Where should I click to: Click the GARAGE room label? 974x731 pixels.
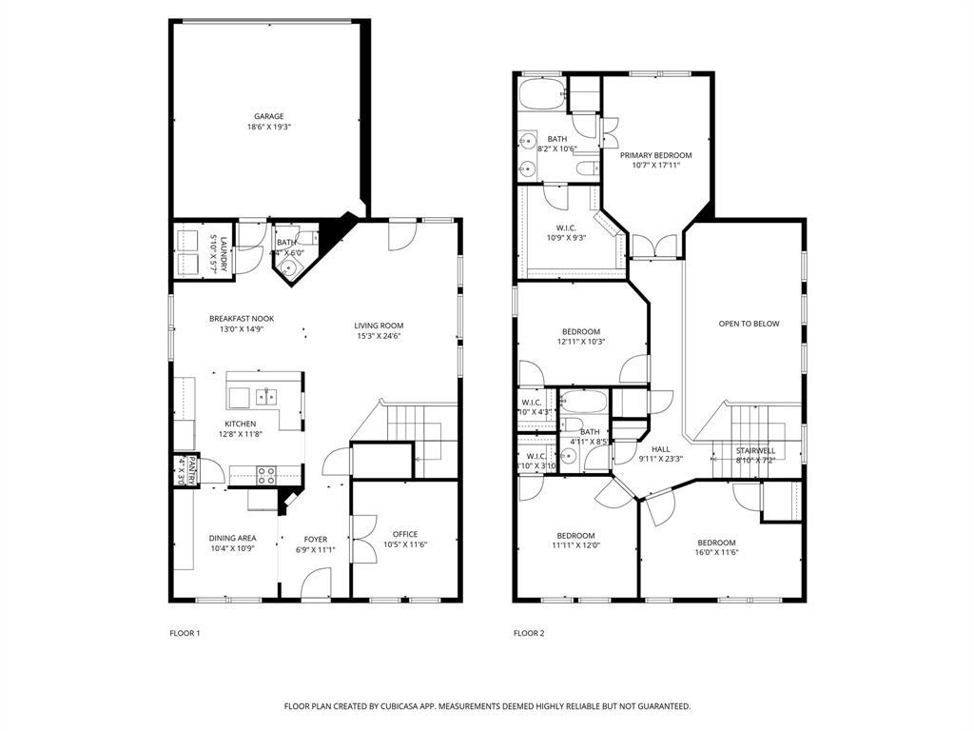pos(268,116)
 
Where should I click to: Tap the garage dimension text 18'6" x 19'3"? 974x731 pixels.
pos(268,127)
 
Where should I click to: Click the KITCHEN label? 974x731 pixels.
pos(240,424)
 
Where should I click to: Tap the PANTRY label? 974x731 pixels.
pos(191,471)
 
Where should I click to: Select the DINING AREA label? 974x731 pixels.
pos(233,538)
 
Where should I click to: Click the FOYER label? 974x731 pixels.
pos(315,539)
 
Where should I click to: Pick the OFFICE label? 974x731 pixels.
pos(405,534)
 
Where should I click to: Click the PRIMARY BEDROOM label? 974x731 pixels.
pos(655,155)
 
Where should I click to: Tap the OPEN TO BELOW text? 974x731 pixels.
pos(749,324)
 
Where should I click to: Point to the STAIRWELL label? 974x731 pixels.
pos(755,450)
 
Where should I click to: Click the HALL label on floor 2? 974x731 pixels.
pos(660,449)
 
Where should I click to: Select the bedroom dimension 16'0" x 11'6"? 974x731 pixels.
pos(716,553)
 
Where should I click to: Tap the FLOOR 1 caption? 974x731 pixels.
pos(185,633)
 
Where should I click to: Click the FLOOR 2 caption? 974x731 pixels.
pos(529,633)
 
